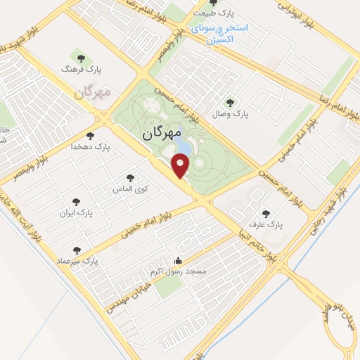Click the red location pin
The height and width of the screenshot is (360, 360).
pyautogui.click(x=181, y=166)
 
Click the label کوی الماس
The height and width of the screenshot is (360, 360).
pyautogui.click(x=129, y=190)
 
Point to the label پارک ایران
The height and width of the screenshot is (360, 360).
pyautogui.click(x=75, y=212)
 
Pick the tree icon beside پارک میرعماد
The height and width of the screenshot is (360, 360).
pyautogui.click(x=77, y=250)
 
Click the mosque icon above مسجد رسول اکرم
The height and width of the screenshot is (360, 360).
pyautogui.click(x=178, y=260)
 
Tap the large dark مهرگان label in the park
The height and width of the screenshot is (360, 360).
pyautogui.click(x=162, y=132)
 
